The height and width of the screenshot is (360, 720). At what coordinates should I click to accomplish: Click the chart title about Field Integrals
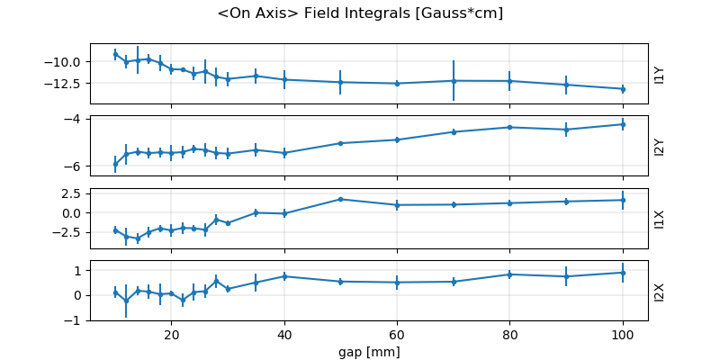tap(360, 13)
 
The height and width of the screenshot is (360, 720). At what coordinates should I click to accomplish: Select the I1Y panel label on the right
tap(659, 75)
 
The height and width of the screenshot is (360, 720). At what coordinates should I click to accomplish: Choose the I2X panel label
tap(659, 292)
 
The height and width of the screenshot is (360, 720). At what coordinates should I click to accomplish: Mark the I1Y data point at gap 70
tap(454, 80)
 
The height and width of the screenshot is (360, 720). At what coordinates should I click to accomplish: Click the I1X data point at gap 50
tap(340, 199)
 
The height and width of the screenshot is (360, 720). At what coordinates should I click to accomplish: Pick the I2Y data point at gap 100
tap(623, 124)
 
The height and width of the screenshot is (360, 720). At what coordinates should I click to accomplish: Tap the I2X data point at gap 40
tap(284, 276)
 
